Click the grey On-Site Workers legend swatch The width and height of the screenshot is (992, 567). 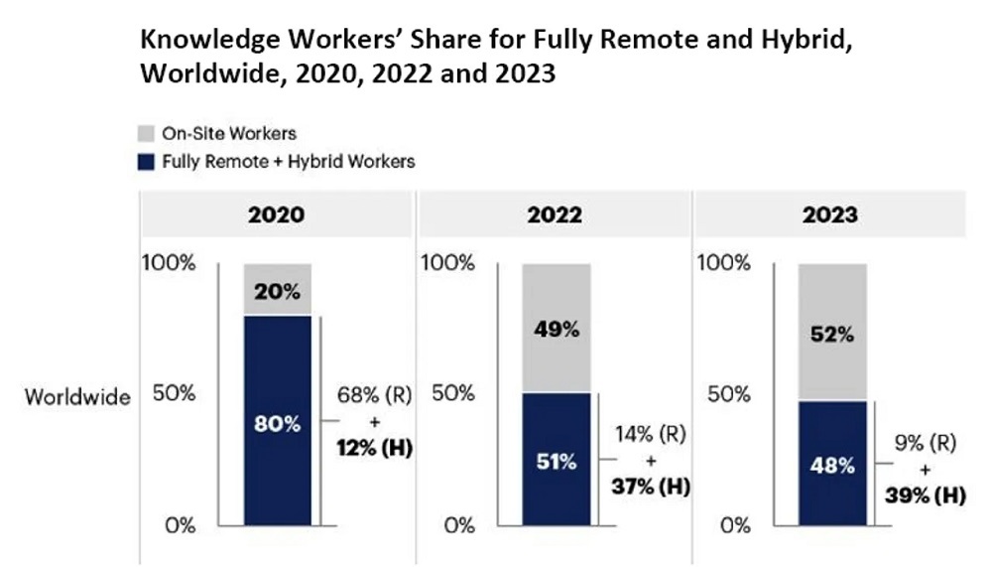tap(145, 132)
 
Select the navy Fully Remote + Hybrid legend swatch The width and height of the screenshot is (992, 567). tap(145, 160)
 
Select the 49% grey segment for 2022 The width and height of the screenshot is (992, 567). tap(557, 328)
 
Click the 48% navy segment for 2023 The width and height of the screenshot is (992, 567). tap(832, 463)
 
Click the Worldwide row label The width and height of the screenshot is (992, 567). tap(77, 397)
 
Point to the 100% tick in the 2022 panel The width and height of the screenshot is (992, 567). tap(449, 264)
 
